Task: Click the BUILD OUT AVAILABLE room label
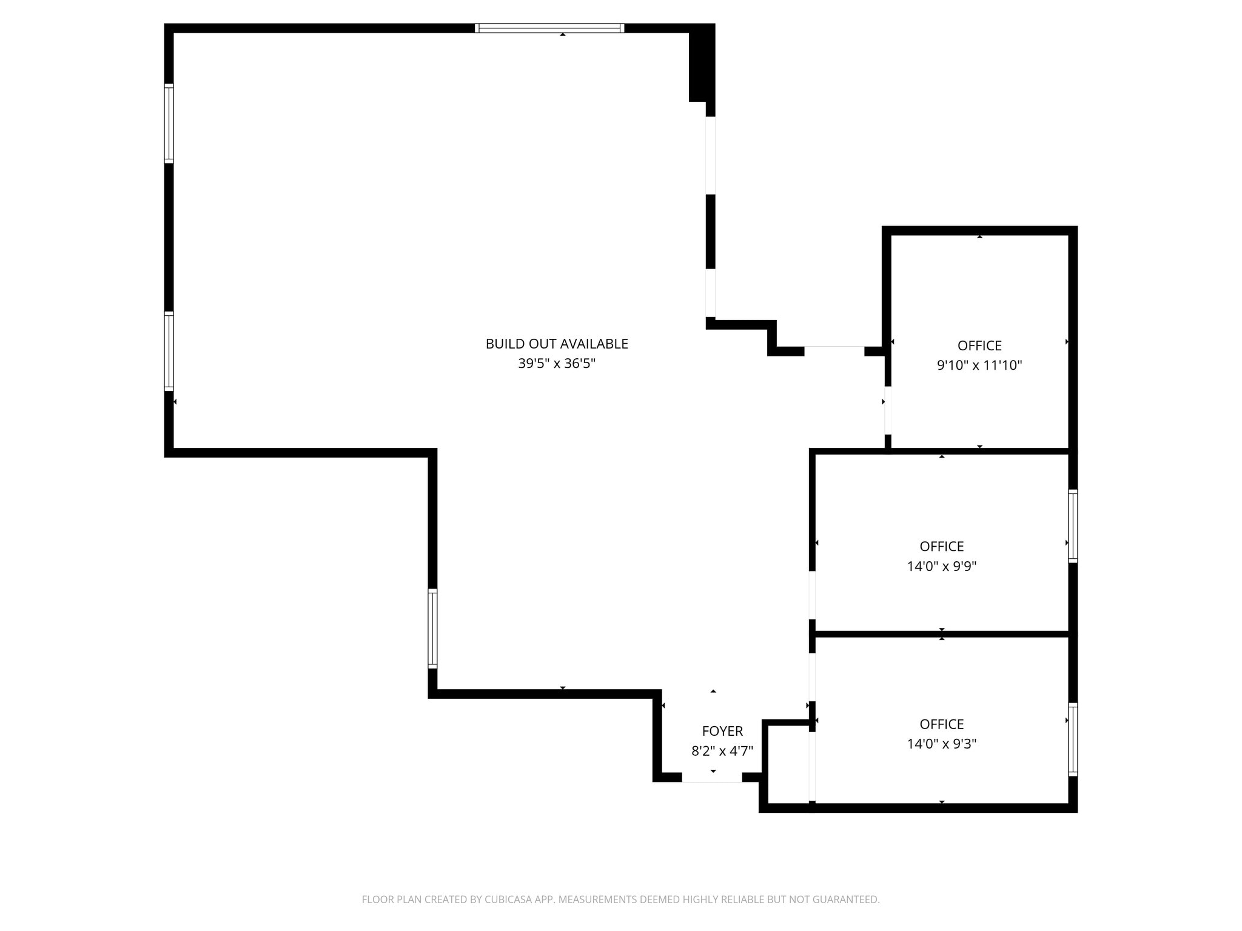click(556, 344)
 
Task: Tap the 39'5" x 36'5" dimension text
click(556, 364)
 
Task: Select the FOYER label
click(722, 731)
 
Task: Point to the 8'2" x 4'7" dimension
click(722, 751)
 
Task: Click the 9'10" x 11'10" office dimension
click(979, 365)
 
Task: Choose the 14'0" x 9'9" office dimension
click(941, 566)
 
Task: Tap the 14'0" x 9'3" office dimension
click(941, 744)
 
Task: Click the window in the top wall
click(549, 28)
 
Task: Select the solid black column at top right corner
click(701, 64)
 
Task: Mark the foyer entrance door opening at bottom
click(712, 778)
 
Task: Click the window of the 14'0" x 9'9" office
click(1072, 526)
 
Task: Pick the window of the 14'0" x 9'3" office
click(1072, 739)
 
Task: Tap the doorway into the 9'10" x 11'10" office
click(887, 410)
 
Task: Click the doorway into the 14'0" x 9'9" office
click(812, 595)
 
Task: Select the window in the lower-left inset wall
click(432, 629)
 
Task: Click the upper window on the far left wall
click(169, 124)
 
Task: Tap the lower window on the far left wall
click(169, 351)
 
